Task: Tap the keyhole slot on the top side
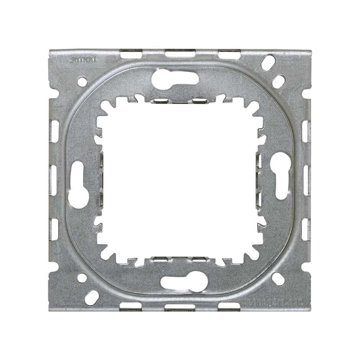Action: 175,79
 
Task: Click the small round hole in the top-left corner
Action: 82,81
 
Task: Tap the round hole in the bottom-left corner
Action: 82,278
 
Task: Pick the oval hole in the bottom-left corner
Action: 92,297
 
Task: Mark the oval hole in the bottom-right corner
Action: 278,279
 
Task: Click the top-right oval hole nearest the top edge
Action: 268,62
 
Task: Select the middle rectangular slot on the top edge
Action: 180,54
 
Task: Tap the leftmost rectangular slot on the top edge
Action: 131,54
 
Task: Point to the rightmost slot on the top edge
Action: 229,54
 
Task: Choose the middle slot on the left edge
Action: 53,180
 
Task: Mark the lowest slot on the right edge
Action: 306,229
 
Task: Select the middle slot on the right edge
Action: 306,180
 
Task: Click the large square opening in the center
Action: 180,180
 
